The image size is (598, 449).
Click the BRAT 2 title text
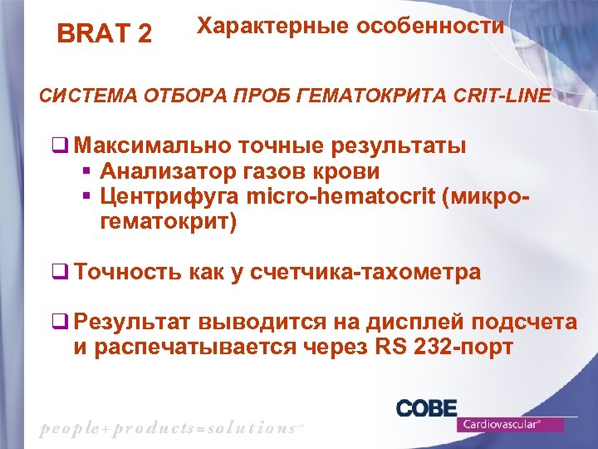tap(104, 34)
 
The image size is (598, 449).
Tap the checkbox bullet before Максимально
tap(60, 146)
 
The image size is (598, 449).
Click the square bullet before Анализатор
tap(87, 172)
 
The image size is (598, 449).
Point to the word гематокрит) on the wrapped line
tap(168, 222)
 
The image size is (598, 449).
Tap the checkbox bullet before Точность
tap(60, 272)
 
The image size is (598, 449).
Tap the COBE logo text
tap(426, 407)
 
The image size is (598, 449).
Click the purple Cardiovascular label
tap(510, 424)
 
